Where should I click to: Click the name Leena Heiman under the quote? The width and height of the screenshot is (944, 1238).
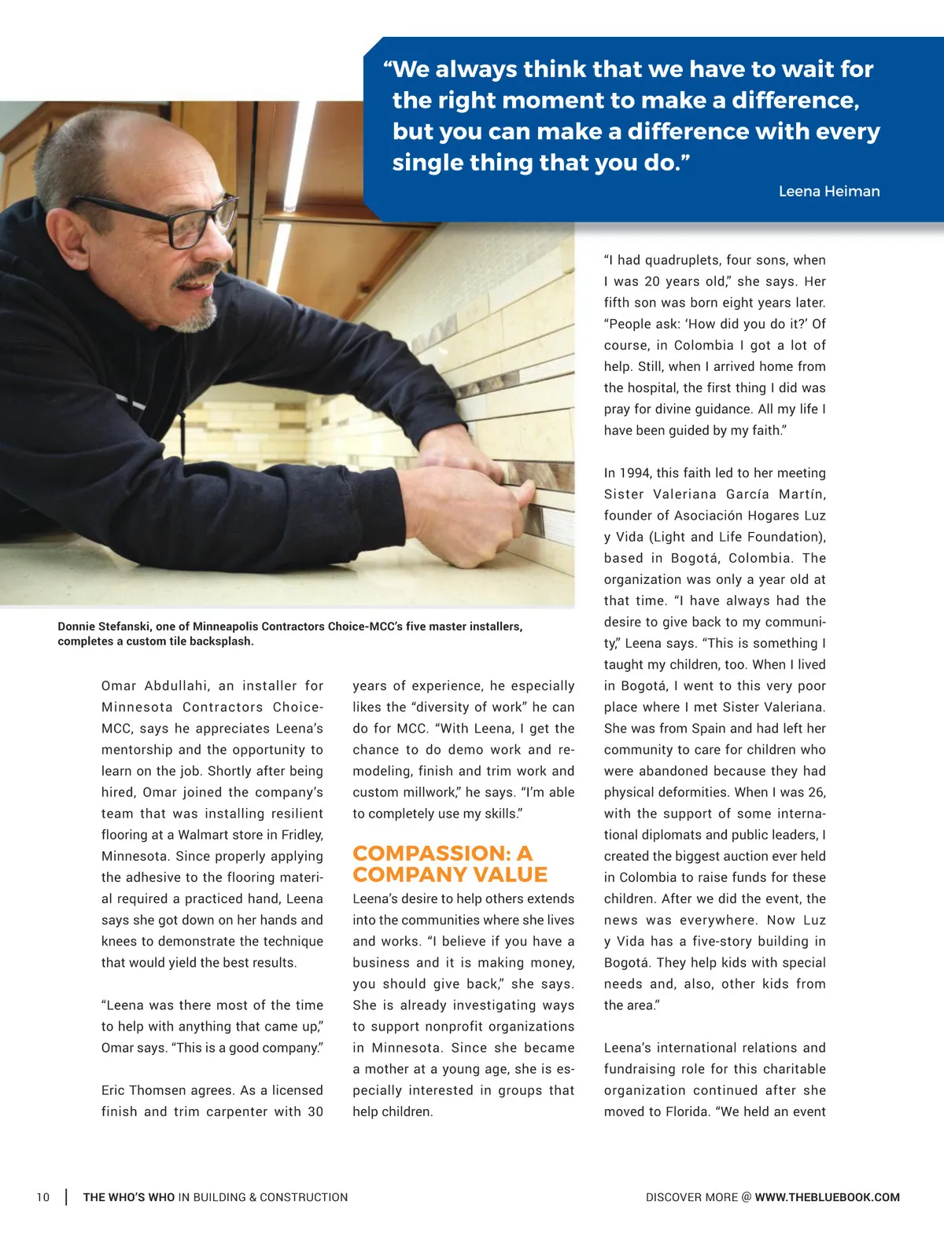828,191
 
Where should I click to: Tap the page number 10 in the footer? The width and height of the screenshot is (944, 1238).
42,1197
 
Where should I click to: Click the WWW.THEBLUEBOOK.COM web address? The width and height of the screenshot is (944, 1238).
827,1197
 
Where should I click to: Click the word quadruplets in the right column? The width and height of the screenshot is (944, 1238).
682,260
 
